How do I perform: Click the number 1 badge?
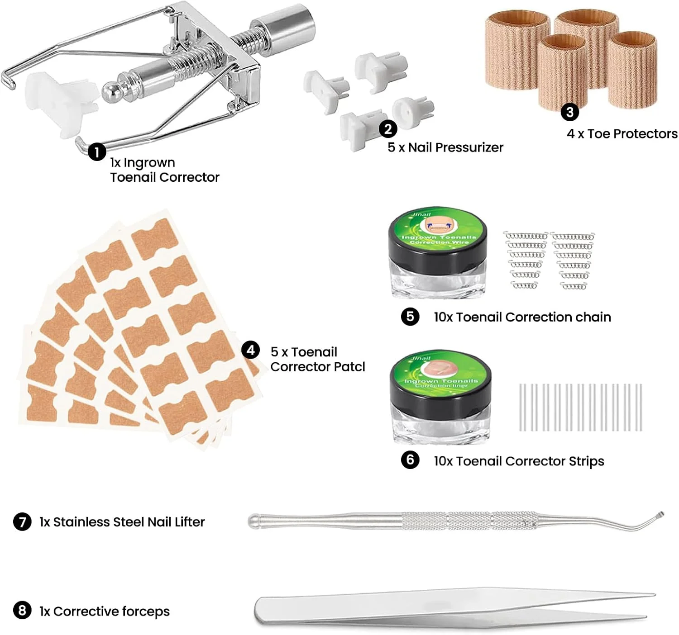(97, 152)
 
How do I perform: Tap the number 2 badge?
(388, 129)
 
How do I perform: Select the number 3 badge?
(570, 112)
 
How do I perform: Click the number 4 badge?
(250, 350)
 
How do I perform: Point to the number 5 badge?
(410, 317)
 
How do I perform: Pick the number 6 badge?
(410, 460)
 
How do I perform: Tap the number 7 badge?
(22, 521)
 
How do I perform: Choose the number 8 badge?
(22, 611)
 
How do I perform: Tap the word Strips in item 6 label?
(586, 461)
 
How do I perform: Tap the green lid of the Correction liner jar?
(440, 374)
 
